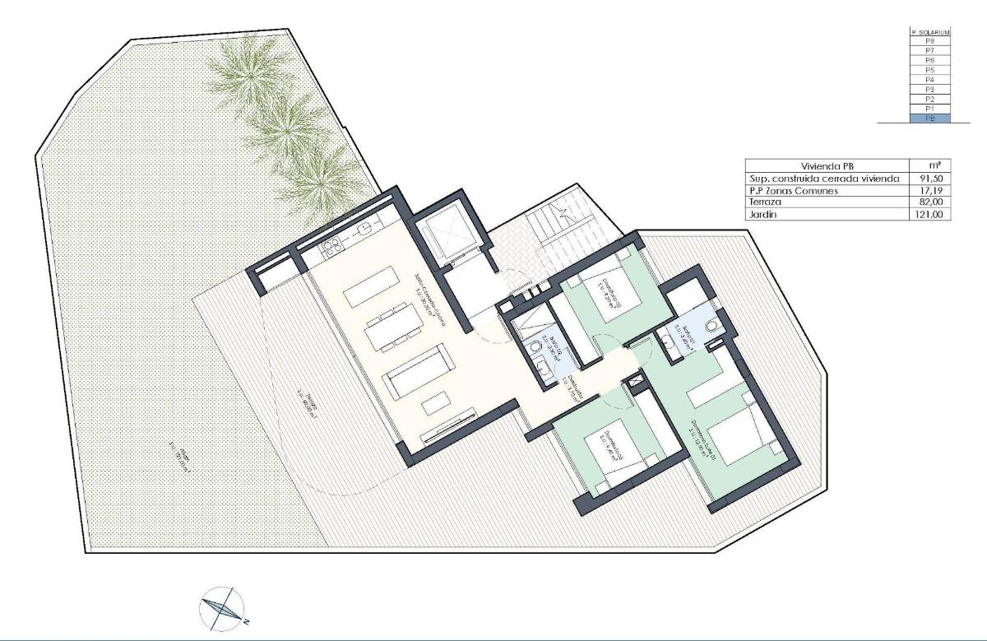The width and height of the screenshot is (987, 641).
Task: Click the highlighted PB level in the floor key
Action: click(x=929, y=118)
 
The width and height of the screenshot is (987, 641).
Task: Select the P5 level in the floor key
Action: click(x=929, y=70)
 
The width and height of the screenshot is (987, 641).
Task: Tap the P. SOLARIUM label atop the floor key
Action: click(x=929, y=32)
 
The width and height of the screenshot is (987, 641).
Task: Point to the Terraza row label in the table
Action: click(x=765, y=202)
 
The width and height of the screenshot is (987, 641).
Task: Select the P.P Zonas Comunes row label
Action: click(x=793, y=191)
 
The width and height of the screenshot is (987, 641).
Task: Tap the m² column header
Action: click(x=929, y=165)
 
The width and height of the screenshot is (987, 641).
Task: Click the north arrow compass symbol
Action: click(x=221, y=607)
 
